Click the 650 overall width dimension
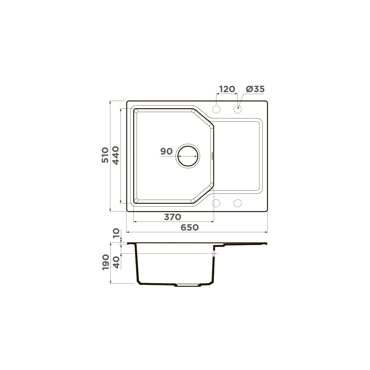coord(190,228)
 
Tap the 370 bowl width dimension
coord(173,217)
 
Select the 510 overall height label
coord(105,155)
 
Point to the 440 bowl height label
coord(116,155)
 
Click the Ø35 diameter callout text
coord(255,89)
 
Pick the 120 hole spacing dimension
coord(227,89)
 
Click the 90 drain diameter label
coord(166,151)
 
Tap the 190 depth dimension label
coord(106,262)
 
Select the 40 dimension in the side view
coord(116,262)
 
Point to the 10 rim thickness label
coord(116,233)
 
